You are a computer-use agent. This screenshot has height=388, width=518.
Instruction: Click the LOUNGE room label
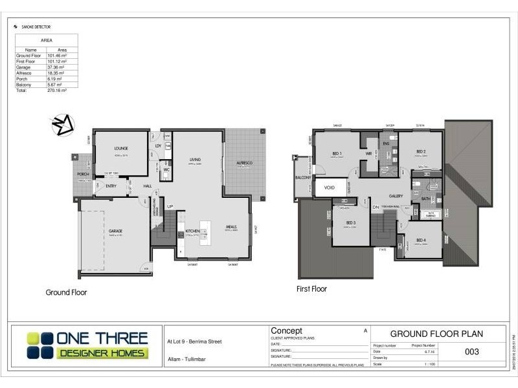[121, 148]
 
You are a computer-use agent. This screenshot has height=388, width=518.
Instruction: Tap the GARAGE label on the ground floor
[116, 231]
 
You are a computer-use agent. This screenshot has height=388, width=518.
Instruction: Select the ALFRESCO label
[245, 163]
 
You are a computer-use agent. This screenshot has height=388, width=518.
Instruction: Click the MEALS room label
[231, 227]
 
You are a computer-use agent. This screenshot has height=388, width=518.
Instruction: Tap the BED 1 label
[336, 153]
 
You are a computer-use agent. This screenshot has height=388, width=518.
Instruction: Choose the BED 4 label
[421, 241]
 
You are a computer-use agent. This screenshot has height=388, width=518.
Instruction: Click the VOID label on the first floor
[329, 188]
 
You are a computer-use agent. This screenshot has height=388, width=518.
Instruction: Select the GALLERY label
[396, 195]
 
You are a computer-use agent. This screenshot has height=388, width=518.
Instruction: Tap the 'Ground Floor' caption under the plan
[66, 292]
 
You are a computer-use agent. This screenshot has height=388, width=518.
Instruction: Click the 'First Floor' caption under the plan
[311, 289]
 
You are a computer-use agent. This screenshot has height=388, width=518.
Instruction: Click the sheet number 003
[472, 352]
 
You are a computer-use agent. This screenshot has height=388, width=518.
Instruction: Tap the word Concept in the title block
[286, 331]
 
